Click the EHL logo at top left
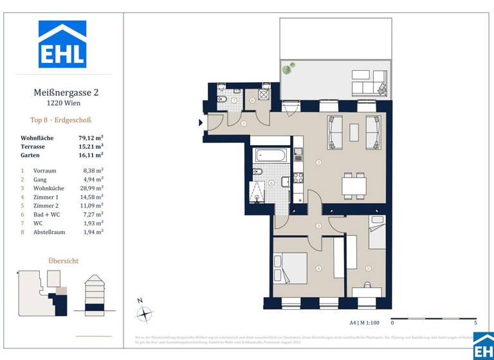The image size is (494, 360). (62, 44)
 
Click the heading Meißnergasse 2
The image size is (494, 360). (66, 93)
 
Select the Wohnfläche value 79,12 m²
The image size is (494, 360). (91, 138)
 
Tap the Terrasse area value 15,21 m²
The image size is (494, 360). (91, 147)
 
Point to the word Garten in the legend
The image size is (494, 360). (30, 155)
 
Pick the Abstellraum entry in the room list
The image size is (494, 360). (50, 231)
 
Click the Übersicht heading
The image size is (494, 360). (64, 260)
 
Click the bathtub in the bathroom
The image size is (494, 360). (271, 155)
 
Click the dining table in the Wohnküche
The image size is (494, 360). (354, 186)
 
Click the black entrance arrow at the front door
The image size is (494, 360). (200, 124)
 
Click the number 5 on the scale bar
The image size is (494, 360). (475, 323)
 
